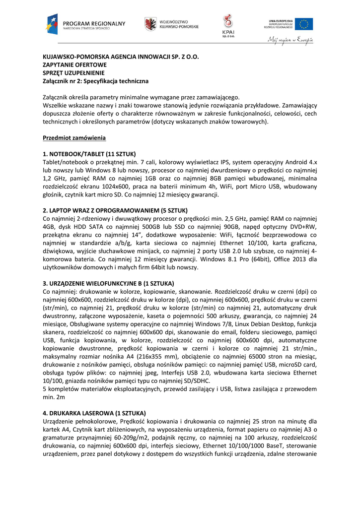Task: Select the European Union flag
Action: [303, 23]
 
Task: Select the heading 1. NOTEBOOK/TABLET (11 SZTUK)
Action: [89, 154]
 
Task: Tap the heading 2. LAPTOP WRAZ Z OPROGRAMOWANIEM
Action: [115, 210]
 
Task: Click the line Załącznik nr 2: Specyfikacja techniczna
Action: [96, 81]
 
